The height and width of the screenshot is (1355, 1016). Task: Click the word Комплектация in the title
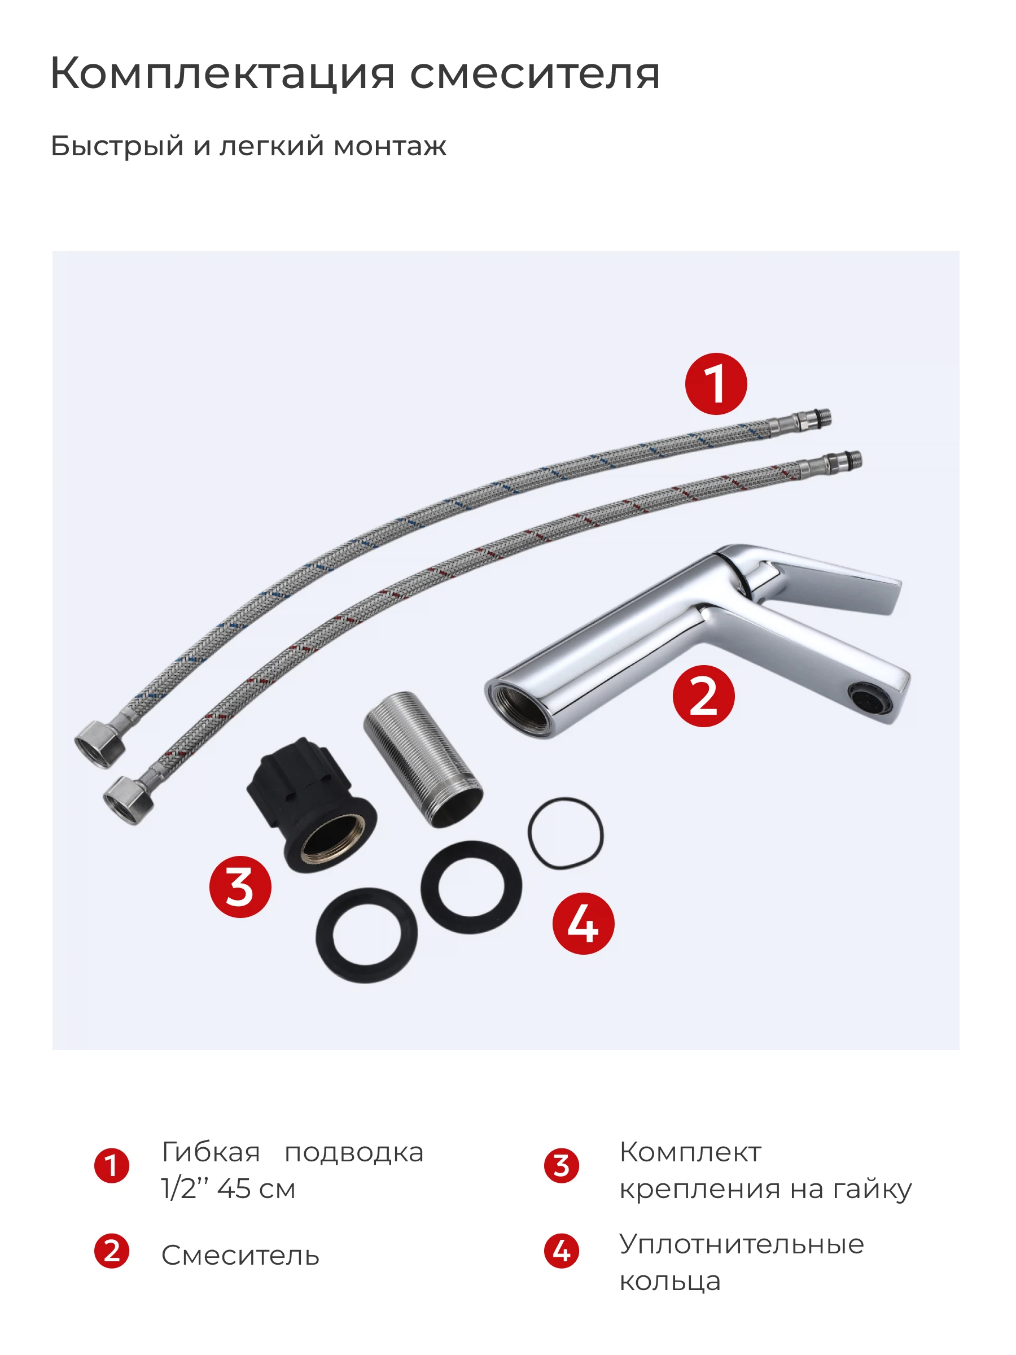tap(223, 74)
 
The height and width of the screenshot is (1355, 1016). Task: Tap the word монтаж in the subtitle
tap(390, 146)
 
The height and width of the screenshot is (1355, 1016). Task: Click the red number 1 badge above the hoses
tap(716, 383)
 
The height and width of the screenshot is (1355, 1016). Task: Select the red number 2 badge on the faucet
tap(704, 696)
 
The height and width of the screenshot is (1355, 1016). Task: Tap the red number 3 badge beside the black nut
tap(240, 886)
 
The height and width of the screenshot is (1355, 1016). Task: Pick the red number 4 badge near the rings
tap(583, 923)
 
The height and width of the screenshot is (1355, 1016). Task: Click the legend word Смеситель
tap(240, 1256)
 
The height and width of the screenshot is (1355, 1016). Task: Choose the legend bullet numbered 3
tap(562, 1166)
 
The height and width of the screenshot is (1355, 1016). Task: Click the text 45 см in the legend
tap(256, 1189)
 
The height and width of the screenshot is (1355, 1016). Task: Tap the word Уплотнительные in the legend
tap(742, 1245)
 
